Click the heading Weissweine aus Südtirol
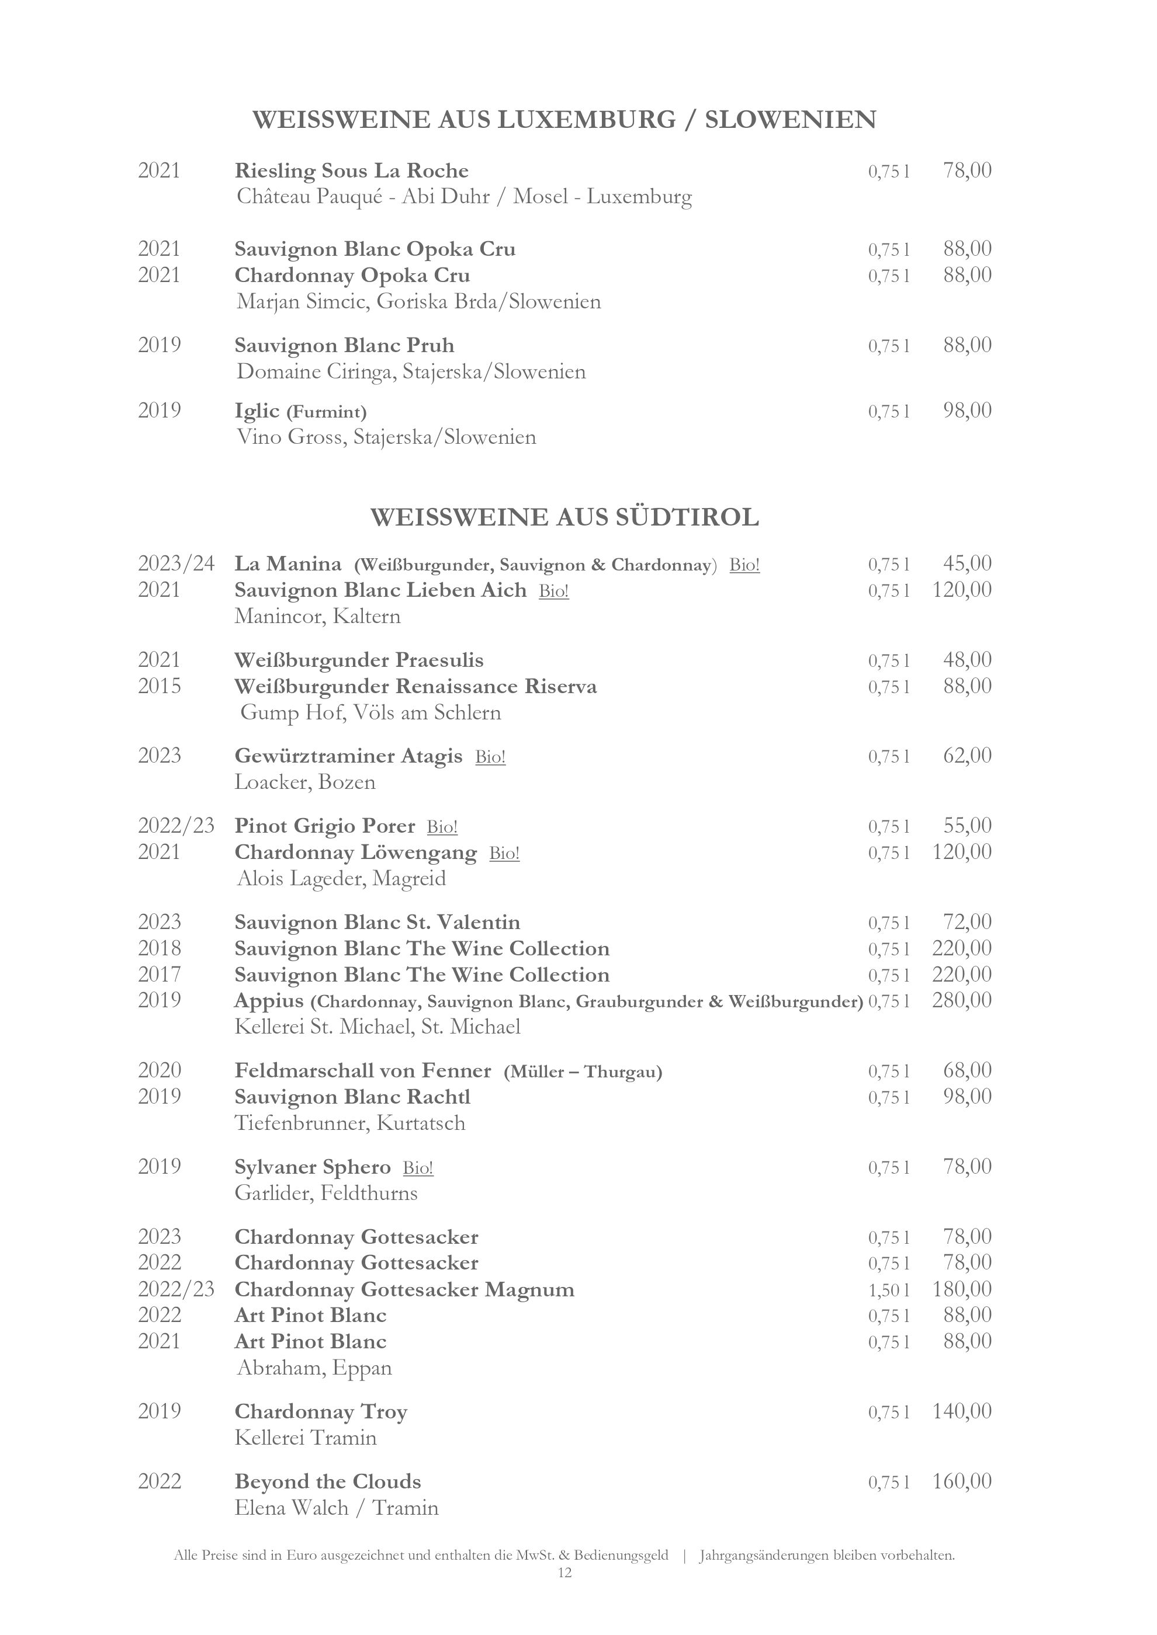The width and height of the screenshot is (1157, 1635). point(564,517)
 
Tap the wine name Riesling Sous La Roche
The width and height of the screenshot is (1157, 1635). point(351,171)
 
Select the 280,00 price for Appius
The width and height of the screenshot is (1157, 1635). point(962,1000)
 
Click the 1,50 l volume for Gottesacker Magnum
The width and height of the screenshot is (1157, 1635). point(888,1290)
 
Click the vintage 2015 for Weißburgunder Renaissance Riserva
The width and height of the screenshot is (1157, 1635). point(160,687)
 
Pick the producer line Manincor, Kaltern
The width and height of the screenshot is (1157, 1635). point(318,617)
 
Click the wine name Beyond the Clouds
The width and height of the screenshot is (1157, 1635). point(328,1482)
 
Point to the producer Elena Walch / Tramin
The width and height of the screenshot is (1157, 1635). point(336,1508)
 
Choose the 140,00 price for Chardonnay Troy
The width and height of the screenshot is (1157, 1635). point(962,1411)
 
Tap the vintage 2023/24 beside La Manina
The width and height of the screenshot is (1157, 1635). point(176,564)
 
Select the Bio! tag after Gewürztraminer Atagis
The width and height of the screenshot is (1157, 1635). point(490,756)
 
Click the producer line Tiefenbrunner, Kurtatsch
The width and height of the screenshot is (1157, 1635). point(350,1123)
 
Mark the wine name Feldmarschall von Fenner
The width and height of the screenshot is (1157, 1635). point(363,1071)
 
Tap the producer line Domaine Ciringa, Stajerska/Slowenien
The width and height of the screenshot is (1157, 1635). point(411,372)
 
